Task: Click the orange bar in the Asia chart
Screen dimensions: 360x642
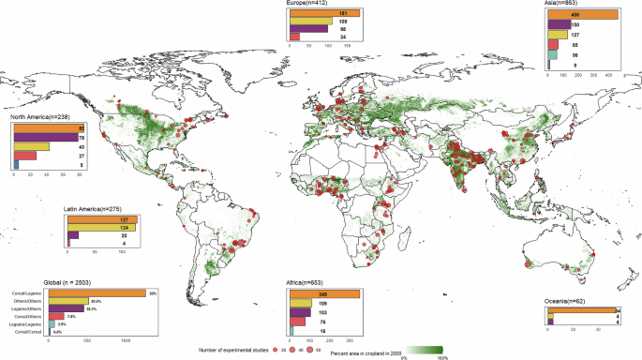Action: click(x=582, y=14)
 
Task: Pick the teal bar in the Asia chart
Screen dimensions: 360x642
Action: click(x=552, y=55)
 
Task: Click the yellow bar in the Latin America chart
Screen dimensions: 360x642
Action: click(x=102, y=228)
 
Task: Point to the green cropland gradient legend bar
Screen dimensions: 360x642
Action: click(x=426, y=352)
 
